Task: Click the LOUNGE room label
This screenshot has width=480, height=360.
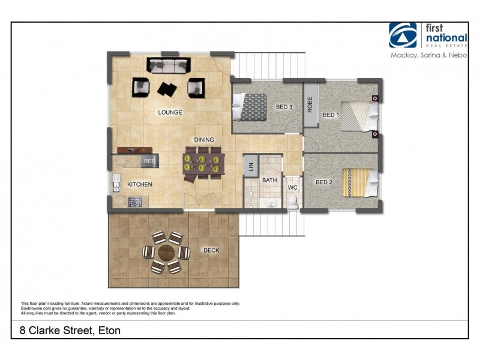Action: point(170,112)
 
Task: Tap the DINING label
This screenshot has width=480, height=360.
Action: point(204,140)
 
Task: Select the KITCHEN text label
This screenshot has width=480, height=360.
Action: point(139,184)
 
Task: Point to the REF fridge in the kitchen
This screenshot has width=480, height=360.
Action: point(149,161)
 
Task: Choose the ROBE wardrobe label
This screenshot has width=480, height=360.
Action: point(310,105)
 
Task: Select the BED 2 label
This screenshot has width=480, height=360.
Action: point(324,182)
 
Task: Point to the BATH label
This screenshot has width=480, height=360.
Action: point(269,180)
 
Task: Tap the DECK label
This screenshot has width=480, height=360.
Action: point(211,250)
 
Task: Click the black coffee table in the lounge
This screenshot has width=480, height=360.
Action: point(167,88)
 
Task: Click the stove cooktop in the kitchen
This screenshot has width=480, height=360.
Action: point(134,203)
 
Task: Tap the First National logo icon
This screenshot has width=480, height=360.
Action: point(403,35)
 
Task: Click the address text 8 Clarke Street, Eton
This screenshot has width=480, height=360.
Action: point(66,330)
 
